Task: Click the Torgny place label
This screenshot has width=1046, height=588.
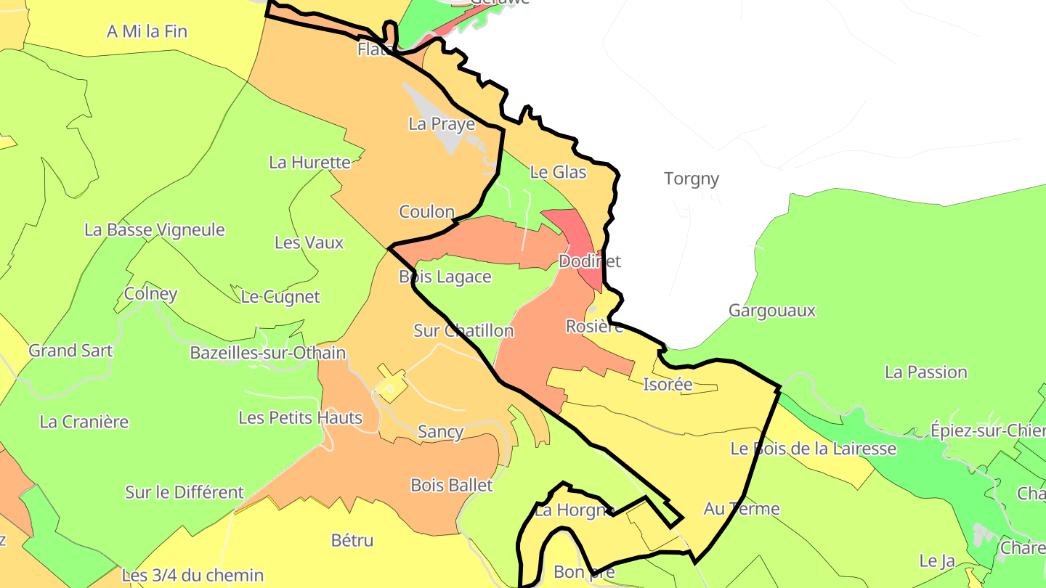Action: tap(691, 179)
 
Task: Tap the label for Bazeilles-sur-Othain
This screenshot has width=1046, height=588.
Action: tap(267, 353)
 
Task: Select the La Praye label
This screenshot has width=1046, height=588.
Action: tap(442, 124)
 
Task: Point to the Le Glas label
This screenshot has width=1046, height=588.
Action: tap(558, 172)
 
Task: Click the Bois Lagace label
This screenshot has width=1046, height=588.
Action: tap(445, 277)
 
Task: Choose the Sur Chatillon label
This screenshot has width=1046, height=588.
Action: tap(463, 331)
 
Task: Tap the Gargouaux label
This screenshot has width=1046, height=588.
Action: tap(772, 311)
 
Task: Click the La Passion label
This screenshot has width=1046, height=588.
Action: tap(925, 372)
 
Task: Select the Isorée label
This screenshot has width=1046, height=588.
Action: tap(668, 385)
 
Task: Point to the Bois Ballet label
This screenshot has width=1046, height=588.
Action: tap(451, 485)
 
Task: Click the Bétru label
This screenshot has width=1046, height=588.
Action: tap(352, 540)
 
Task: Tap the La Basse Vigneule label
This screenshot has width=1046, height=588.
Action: tap(155, 230)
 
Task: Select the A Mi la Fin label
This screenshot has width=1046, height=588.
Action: tap(147, 32)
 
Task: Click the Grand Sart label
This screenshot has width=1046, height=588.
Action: tap(70, 351)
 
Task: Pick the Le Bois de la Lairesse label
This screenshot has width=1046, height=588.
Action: tap(813, 449)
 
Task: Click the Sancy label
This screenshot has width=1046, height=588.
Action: tap(440, 432)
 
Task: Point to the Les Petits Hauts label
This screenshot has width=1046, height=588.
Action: tap(300, 418)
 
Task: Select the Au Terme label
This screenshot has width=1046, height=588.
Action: tap(742, 509)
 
